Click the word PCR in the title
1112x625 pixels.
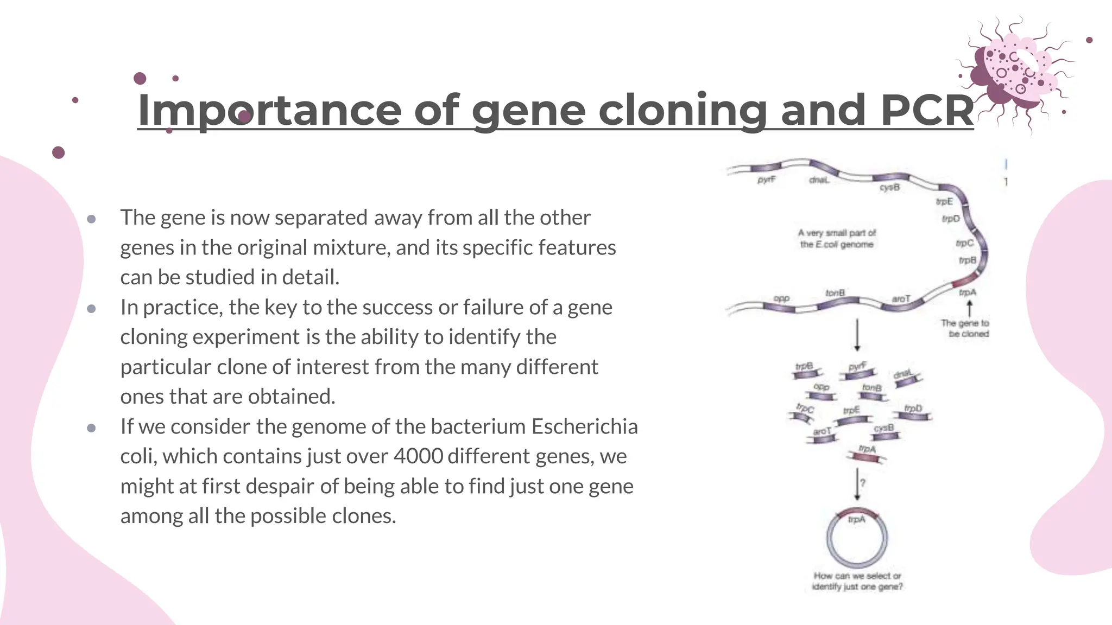pos(926,110)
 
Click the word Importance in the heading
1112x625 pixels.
pos(269,110)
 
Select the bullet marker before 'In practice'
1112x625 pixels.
pos(91,308)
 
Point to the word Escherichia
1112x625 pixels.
pos(584,426)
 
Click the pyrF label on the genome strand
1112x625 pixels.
pos(766,180)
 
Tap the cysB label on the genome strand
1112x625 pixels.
pos(889,187)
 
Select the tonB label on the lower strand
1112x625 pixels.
pos(835,293)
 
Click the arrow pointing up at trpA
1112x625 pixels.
pos(969,308)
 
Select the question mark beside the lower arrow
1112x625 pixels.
pos(863,482)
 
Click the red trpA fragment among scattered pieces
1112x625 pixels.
pos(867,457)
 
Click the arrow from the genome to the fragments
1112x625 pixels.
pos(857,335)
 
